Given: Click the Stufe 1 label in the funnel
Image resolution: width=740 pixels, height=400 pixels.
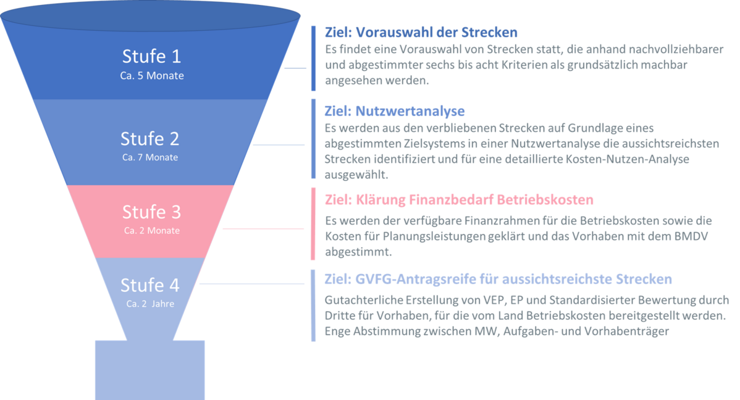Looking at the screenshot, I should (x=151, y=57).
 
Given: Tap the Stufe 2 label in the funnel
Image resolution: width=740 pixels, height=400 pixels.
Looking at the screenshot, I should (x=150, y=138).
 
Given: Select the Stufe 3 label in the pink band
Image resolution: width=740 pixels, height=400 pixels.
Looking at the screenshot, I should (x=151, y=212).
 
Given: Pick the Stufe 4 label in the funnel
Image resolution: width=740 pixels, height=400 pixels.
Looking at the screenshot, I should (x=150, y=285).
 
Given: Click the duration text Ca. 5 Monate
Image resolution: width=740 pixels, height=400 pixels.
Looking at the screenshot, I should (x=151, y=76).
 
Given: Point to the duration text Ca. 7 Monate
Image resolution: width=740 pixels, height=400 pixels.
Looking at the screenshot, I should (x=150, y=157).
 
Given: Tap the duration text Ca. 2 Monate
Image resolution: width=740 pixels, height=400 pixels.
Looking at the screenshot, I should (x=151, y=231).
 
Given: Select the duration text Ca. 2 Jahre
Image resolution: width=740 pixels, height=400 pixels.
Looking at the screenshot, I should (x=150, y=304).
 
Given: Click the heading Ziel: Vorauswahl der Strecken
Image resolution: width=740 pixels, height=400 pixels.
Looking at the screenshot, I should (x=421, y=32).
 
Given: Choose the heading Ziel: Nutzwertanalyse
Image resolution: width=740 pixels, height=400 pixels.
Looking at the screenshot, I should (x=395, y=111).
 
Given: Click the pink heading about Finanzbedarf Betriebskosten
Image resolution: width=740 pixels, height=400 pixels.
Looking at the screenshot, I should (x=459, y=200).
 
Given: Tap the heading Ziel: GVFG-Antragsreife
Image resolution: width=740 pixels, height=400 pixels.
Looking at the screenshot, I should (x=498, y=280).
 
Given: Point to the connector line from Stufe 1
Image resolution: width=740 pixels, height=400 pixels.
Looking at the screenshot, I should (x=295, y=69).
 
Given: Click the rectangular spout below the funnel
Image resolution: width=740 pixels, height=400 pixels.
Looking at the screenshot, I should (x=150, y=369).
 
